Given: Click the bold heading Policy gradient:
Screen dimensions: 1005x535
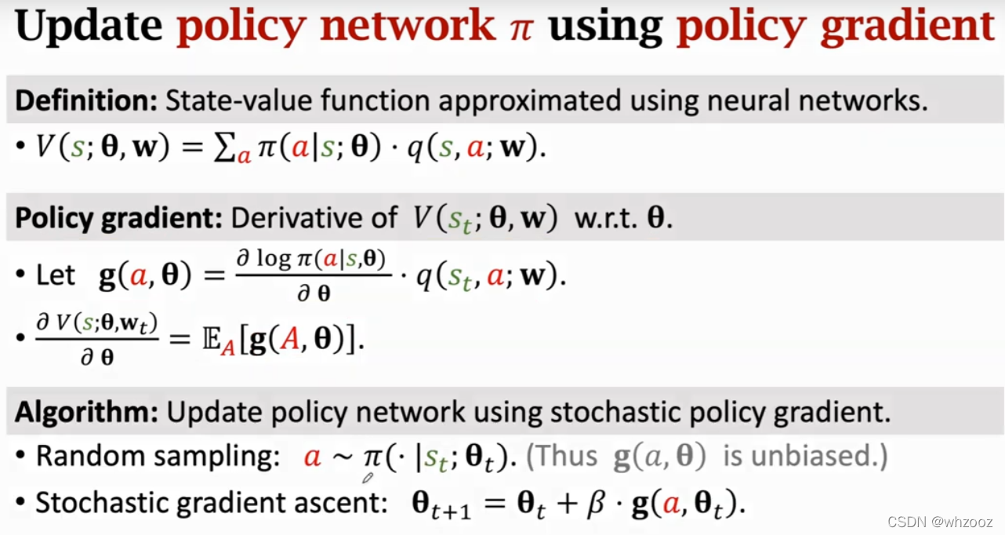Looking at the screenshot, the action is [x=117, y=217].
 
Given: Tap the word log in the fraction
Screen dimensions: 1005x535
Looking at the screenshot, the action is [x=274, y=259].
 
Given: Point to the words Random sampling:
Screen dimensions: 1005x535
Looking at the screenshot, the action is [x=158, y=457].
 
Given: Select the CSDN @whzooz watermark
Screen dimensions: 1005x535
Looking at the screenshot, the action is [x=941, y=522].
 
